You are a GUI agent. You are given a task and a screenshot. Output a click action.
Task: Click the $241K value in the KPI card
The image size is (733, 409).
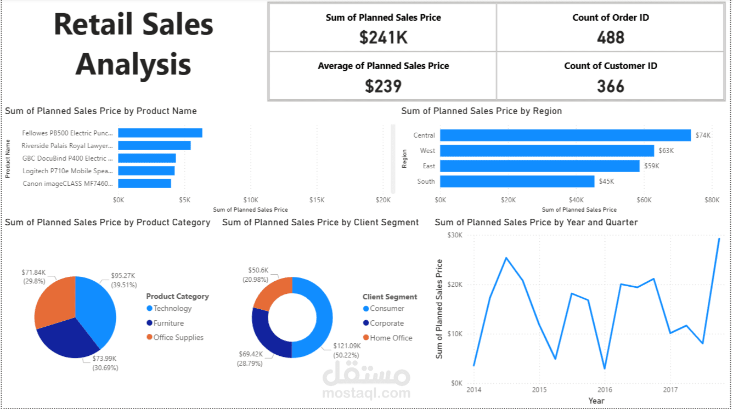(383, 37)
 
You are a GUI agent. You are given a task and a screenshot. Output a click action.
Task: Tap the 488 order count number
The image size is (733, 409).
(610, 37)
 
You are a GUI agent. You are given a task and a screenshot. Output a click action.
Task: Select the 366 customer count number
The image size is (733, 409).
(610, 86)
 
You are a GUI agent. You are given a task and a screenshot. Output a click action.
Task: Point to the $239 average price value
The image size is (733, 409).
(383, 86)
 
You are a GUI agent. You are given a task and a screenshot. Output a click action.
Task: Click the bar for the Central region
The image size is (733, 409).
(565, 135)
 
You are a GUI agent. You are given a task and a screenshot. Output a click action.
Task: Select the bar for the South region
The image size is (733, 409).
(517, 181)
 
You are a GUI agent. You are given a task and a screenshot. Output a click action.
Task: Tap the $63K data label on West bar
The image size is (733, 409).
(666, 151)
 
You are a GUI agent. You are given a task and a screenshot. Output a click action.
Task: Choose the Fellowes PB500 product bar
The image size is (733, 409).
(160, 133)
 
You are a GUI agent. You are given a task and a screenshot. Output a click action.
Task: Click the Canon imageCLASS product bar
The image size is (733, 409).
(145, 183)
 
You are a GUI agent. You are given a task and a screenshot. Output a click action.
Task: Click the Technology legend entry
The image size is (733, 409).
(172, 309)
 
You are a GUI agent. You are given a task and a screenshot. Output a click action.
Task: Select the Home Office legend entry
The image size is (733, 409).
(391, 338)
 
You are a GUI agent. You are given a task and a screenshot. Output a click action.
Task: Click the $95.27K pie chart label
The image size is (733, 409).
(123, 276)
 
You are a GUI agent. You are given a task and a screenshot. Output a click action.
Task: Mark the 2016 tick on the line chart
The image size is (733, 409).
(604, 390)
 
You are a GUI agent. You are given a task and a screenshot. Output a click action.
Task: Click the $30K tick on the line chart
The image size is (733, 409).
(455, 235)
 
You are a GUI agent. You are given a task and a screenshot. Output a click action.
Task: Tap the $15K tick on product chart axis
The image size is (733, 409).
(317, 200)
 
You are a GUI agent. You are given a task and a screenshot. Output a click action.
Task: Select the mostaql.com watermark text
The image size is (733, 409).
(366, 393)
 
